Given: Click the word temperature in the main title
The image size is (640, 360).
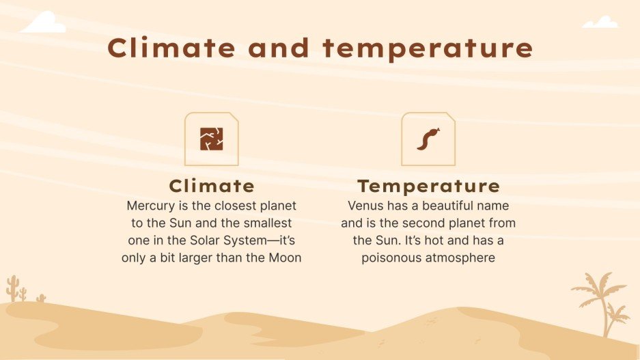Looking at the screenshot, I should coord(428,49).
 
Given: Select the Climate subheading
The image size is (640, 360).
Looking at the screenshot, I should coord(212,186).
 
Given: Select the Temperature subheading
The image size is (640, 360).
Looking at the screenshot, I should coord(428,186).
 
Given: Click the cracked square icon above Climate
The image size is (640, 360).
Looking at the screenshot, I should coord(212,139).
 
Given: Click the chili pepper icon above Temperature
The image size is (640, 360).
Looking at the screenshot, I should coord(428,139).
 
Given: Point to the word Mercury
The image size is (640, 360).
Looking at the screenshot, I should coord(150,206).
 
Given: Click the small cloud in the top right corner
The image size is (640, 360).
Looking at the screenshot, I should coord(600,23).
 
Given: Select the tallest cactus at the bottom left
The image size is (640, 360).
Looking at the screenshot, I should coord(12,289).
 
